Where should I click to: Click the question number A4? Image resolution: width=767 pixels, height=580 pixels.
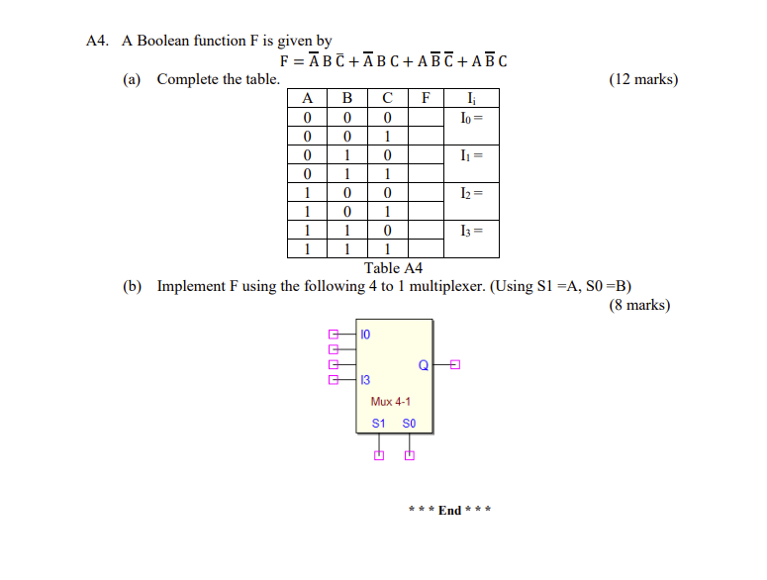click(x=96, y=41)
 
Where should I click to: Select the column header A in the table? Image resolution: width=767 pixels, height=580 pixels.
click(x=308, y=97)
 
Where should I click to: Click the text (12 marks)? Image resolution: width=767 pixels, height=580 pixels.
click(x=643, y=79)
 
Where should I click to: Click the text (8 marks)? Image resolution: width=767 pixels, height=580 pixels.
click(x=639, y=305)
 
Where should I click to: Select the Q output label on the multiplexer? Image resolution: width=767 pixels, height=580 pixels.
click(x=423, y=365)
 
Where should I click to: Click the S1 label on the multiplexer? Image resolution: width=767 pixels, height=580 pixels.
click(x=377, y=424)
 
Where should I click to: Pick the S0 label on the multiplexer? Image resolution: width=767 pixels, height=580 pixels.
click(x=409, y=424)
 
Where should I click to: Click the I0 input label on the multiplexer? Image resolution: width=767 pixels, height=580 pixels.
click(x=367, y=334)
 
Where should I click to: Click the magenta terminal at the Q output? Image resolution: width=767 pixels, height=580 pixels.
click(x=455, y=365)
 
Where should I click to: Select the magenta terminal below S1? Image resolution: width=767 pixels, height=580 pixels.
click(x=377, y=455)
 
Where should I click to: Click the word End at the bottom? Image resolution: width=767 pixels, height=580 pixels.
click(x=450, y=511)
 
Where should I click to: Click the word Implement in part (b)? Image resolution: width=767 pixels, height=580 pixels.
click(x=192, y=287)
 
